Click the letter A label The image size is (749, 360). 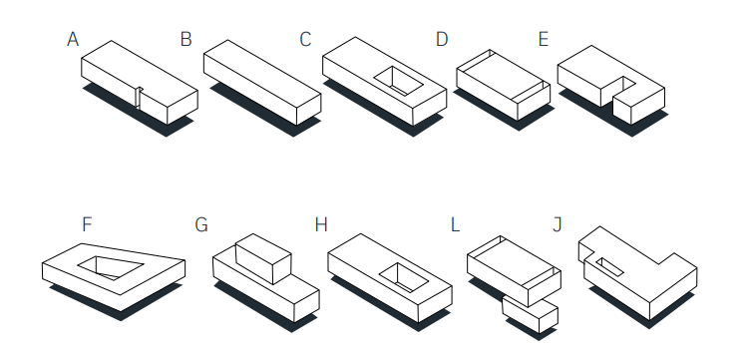tap(73, 39)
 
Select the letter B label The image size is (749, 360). tap(186, 39)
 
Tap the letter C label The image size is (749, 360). tap(305, 39)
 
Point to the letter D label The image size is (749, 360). tap(442, 39)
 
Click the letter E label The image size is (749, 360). tap(544, 39)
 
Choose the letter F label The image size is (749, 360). tap(87, 224)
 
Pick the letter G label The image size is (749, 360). tap(201, 224)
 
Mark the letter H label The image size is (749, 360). tap(321, 224)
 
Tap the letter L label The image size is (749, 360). tap(455, 224)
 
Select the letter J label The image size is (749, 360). tap(557, 224)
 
